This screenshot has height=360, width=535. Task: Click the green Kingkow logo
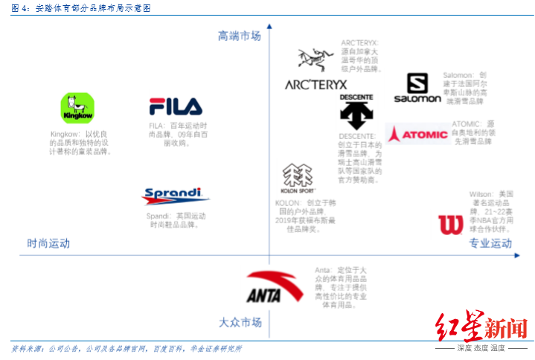coord(77,109)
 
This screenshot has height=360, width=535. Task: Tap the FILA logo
coord(175,106)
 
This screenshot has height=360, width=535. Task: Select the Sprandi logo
coord(175,196)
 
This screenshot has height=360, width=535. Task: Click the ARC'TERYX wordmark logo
coord(315,85)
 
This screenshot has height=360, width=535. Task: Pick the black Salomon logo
coord(417,89)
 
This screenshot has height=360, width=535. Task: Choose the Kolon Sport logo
coord(298,179)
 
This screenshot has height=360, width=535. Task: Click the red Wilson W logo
coord(450,225)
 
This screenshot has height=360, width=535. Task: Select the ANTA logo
coord(275,286)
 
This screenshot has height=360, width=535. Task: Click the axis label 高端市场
coord(240,36)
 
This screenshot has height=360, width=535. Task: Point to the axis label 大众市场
coord(240,323)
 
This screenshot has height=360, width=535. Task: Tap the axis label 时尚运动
coord(48,243)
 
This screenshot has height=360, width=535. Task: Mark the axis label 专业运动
coord(490,243)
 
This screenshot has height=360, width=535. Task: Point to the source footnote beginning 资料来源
coord(126,348)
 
